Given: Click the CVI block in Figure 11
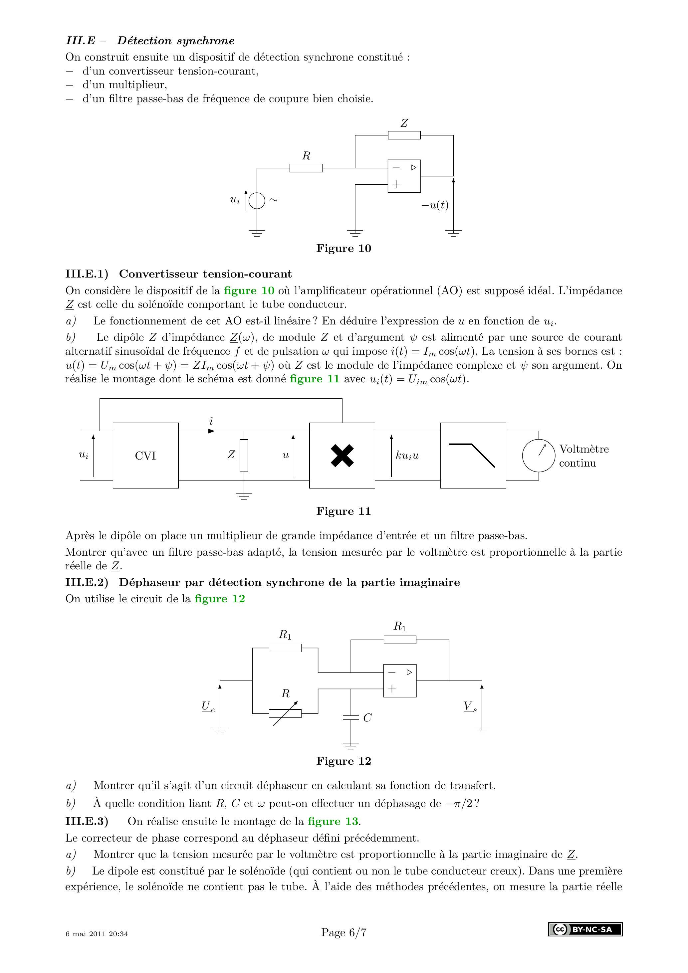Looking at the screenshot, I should click(145, 456).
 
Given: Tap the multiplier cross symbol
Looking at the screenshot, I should click(342, 456).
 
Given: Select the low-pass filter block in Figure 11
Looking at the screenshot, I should click(473, 456).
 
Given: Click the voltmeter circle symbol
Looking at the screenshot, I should click(538, 455).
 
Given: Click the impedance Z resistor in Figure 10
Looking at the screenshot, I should click(404, 135).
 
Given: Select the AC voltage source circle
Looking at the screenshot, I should click(257, 200).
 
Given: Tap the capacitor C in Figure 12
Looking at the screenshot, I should click(350, 718).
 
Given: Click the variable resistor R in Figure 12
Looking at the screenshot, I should click(285, 713).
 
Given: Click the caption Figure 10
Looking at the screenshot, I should click(344, 248).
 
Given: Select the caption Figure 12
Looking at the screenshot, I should click(344, 761).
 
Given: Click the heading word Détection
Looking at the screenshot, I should click(144, 41).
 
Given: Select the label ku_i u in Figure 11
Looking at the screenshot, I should click(407, 456).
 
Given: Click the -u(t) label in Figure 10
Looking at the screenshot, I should click(434, 205).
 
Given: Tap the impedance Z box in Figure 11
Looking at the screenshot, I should click(244, 456).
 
